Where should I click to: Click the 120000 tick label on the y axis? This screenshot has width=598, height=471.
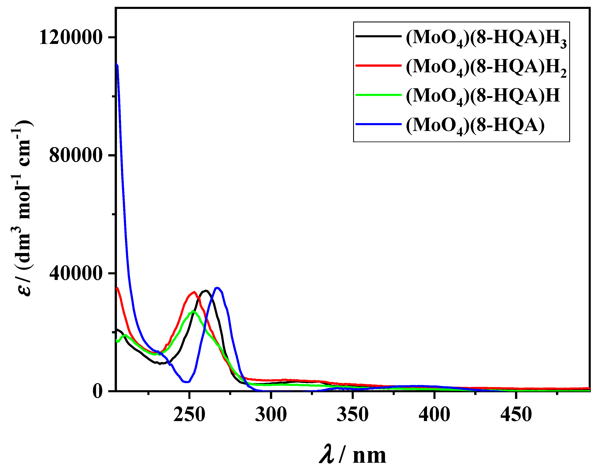pyautogui.click(x=71, y=37)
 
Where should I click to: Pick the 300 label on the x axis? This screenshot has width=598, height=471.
pyautogui.click(x=271, y=414)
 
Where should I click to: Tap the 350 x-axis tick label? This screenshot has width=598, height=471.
pyautogui.click(x=353, y=414)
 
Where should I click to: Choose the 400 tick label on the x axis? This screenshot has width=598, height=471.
pyautogui.click(x=434, y=414)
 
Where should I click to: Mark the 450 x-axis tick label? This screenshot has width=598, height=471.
pyautogui.click(x=516, y=414)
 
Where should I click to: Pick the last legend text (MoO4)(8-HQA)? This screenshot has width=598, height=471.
pyautogui.click(x=475, y=126)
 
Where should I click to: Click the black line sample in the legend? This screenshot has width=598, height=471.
pyautogui.click(x=378, y=36)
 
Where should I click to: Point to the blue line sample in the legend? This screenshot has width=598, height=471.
pyautogui.click(x=378, y=124)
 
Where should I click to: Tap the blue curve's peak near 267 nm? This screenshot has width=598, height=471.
pyautogui.click(x=217, y=288)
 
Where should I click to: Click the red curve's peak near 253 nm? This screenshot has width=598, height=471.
pyautogui.click(x=194, y=292)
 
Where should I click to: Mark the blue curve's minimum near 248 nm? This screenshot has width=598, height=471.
pyautogui.click(x=187, y=382)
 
